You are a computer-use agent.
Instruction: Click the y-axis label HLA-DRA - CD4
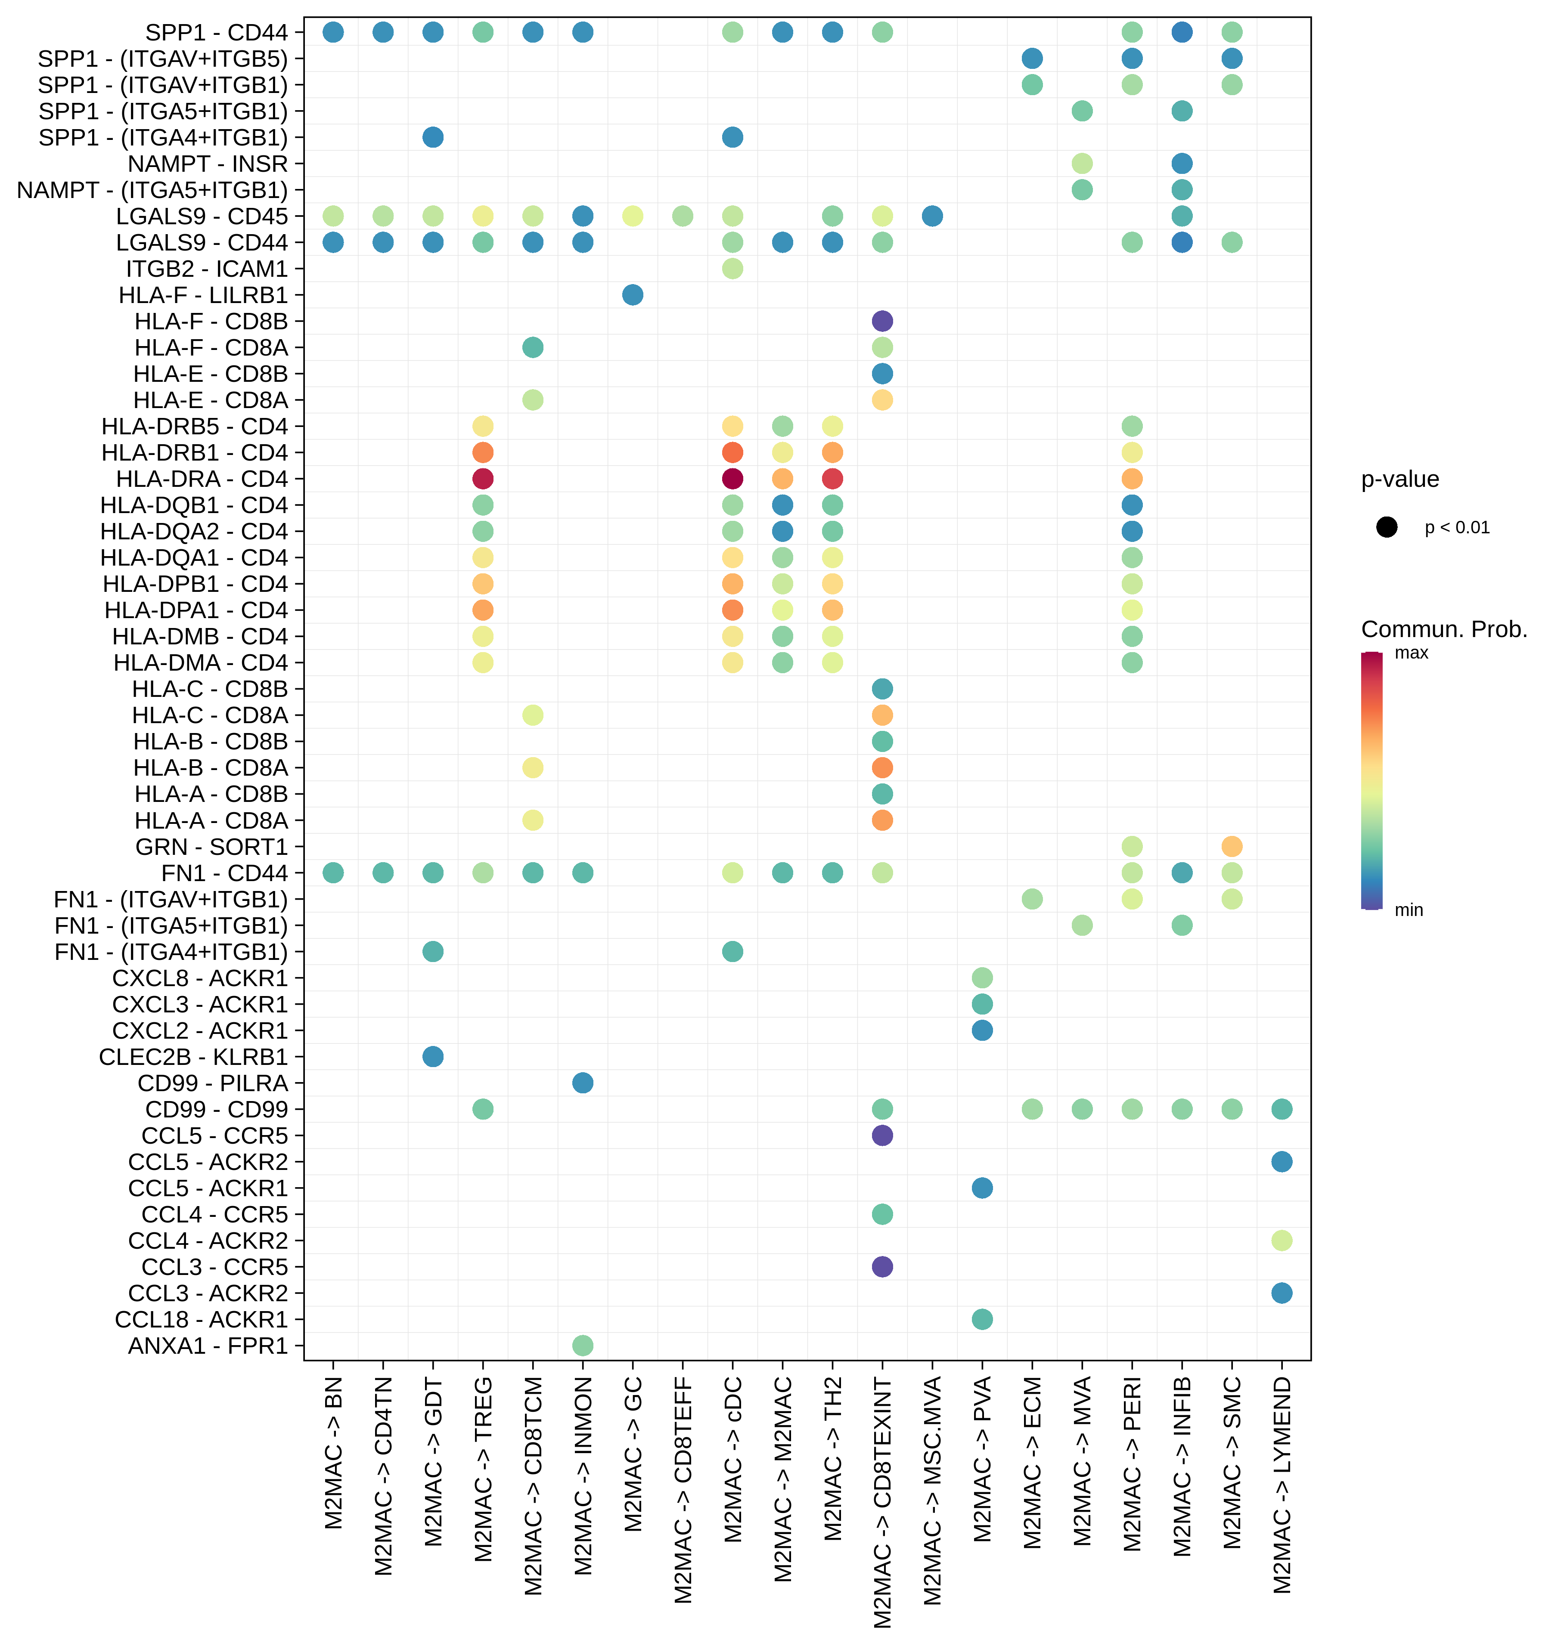pyautogui.click(x=202, y=479)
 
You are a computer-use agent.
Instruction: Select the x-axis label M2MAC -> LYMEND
pyautogui.click(x=1282, y=1485)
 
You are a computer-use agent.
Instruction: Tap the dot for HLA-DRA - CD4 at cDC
pyautogui.click(x=732, y=479)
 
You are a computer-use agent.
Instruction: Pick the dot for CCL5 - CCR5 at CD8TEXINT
pyautogui.click(x=882, y=1135)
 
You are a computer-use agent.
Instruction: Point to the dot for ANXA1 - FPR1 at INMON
pyautogui.click(x=583, y=1345)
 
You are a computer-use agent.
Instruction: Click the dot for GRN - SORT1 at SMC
pyautogui.click(x=1232, y=847)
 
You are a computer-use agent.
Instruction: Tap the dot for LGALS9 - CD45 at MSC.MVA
pyautogui.click(x=932, y=216)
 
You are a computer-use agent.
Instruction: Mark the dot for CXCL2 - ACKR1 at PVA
pyautogui.click(x=982, y=1030)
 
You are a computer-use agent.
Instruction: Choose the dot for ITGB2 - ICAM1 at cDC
pyautogui.click(x=732, y=269)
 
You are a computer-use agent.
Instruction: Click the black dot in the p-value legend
pyautogui.click(x=1386, y=527)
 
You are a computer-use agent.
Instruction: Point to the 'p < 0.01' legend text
pyautogui.click(x=1457, y=527)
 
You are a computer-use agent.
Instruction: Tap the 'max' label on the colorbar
pyautogui.click(x=1411, y=653)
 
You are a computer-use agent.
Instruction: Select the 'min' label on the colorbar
pyautogui.click(x=1409, y=910)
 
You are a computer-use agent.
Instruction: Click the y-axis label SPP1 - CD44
pyautogui.click(x=216, y=32)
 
